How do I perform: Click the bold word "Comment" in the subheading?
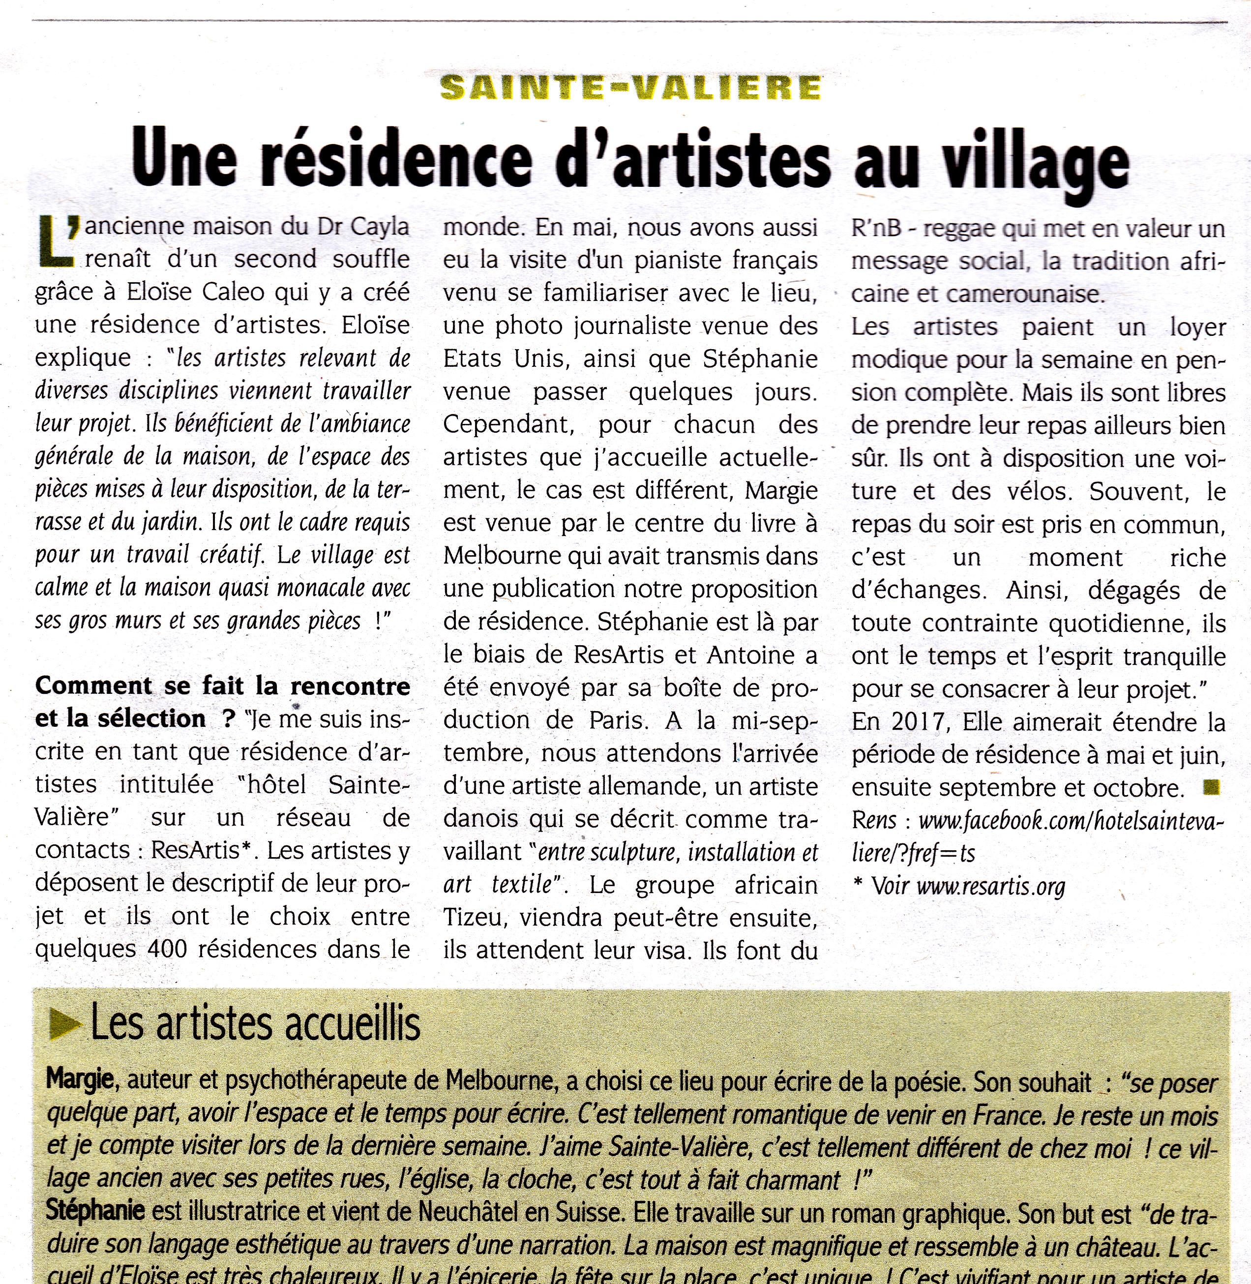pyautogui.click(x=93, y=686)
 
